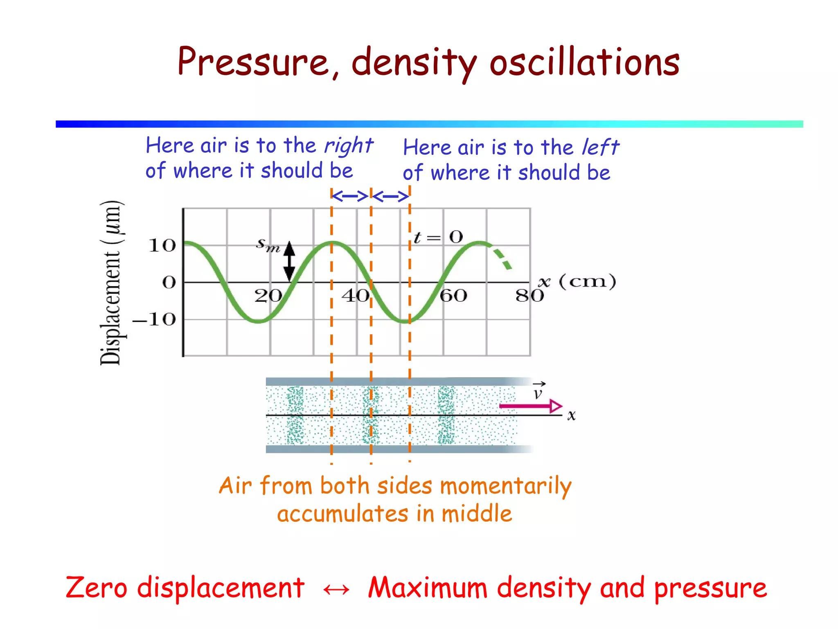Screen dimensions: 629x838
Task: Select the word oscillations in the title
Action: coord(584,62)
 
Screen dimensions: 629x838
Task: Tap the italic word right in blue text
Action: coord(348,146)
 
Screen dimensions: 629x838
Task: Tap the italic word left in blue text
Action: coord(600,147)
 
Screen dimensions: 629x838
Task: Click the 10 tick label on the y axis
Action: coord(162,246)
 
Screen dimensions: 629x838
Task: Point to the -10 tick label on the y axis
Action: coord(155,319)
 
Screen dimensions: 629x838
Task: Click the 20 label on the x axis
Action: coord(268,296)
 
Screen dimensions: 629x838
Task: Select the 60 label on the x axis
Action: coord(453,296)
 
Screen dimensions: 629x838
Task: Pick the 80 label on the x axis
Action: coord(529,296)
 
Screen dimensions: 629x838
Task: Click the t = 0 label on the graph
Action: coord(438,237)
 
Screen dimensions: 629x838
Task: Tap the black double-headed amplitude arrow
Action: coord(289,261)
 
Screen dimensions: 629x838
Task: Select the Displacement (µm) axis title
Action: coord(111,283)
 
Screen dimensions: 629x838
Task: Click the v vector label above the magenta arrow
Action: coord(538,391)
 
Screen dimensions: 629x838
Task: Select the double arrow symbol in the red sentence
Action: coord(336,590)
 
